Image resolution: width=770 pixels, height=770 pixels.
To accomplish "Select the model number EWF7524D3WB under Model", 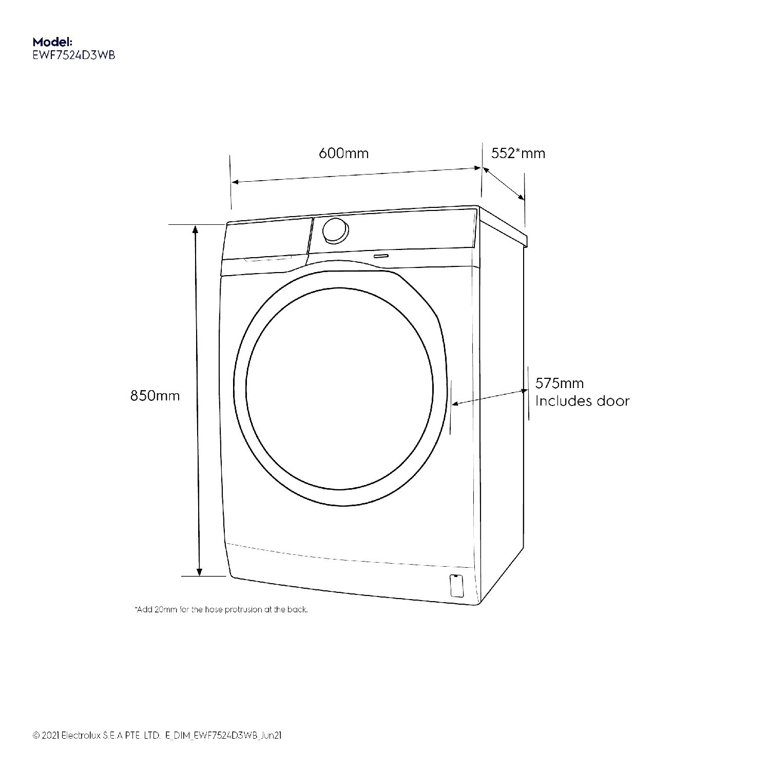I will coord(73,55).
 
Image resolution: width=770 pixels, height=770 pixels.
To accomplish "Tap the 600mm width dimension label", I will coord(343,153).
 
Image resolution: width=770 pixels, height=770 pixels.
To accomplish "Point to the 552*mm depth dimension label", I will coord(518,153).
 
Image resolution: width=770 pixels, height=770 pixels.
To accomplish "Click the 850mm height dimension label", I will coord(155,396).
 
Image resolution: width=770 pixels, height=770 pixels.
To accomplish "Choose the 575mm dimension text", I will coord(560,383).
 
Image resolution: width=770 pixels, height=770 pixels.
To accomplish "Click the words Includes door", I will coord(582,401).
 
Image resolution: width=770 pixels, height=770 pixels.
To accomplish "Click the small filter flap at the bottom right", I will coord(456,585).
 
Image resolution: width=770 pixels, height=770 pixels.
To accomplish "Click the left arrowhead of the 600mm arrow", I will coord(235,182).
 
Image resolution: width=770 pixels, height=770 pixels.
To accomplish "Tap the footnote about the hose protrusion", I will coord(221,610).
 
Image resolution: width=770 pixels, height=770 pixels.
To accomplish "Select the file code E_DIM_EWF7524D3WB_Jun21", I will coord(224,736).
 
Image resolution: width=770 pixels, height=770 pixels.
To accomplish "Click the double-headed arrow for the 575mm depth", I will coord(489,397).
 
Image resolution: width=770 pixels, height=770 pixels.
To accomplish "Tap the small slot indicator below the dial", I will coord(381,255).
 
